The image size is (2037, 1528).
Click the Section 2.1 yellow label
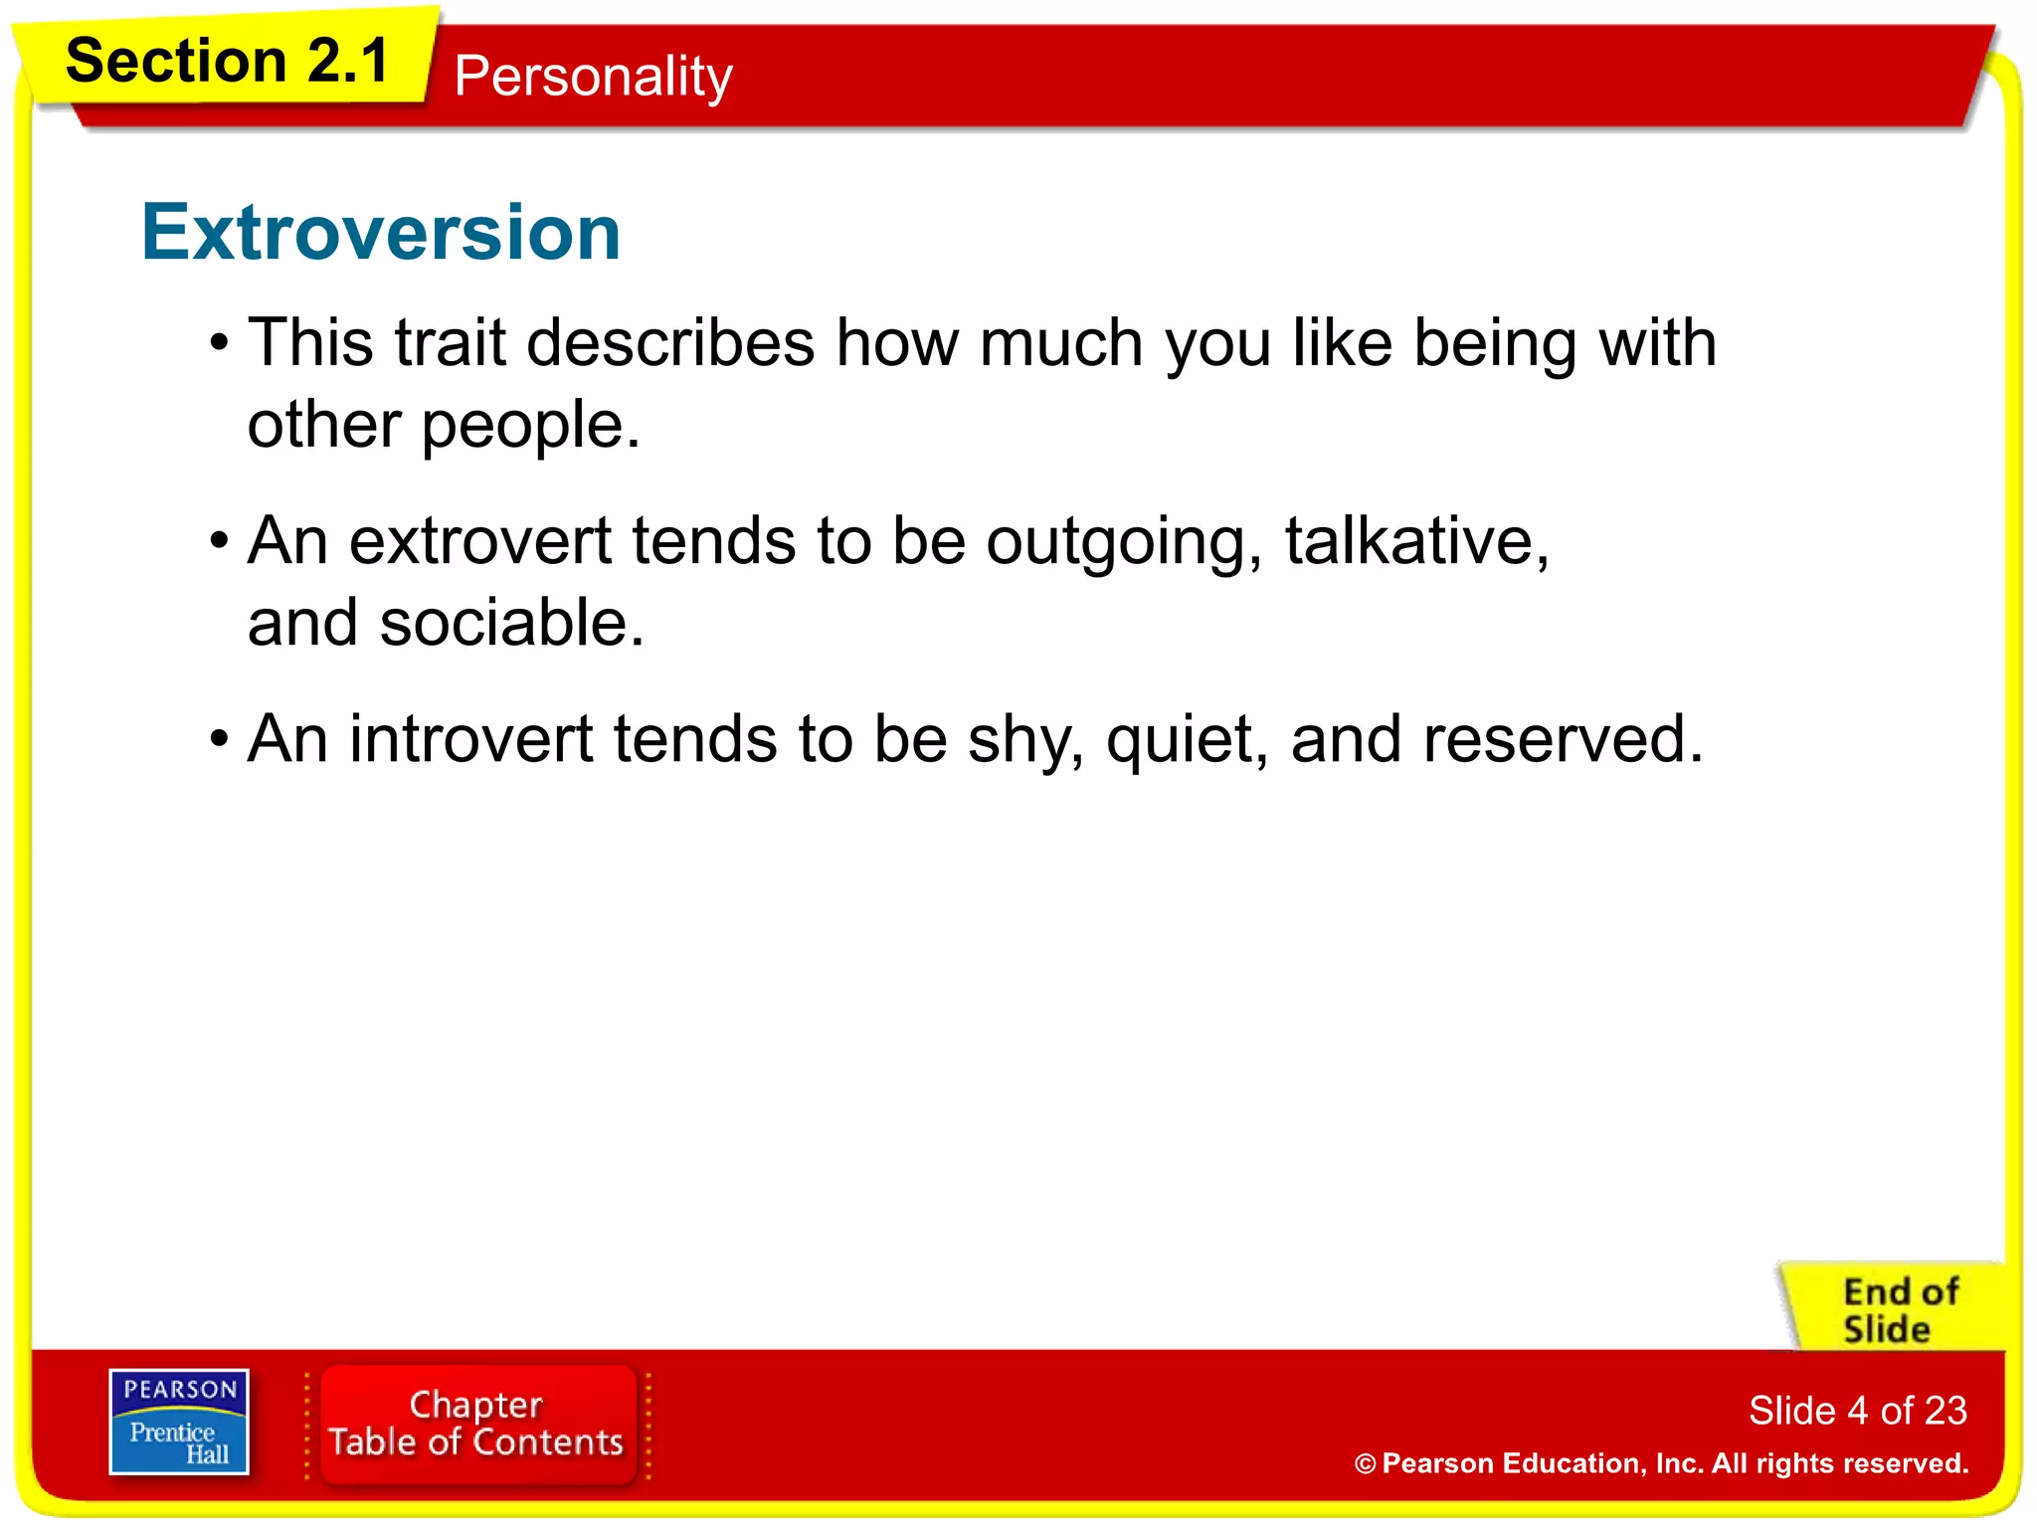point(227,62)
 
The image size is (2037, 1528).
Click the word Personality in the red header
point(593,77)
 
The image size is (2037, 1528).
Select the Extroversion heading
point(381,233)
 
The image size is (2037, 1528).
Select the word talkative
point(1415,541)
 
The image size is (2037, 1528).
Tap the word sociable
point(511,624)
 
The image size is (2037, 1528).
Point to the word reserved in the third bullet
point(1562,740)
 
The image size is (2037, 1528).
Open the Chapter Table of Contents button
point(476,1424)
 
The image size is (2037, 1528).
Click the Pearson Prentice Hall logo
point(179,1422)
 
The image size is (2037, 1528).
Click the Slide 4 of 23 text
point(1857,1411)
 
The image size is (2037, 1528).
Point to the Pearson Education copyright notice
point(1661,1463)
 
